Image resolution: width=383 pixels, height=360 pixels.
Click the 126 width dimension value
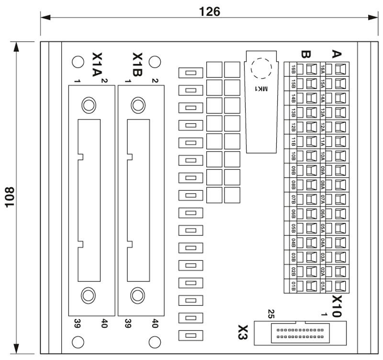pyautogui.click(x=210, y=12)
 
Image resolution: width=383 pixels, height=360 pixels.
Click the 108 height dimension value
pyautogui.click(x=10, y=197)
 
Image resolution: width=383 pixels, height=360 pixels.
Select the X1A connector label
pyautogui.click(x=97, y=65)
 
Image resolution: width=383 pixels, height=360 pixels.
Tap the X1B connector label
pyautogui.click(x=137, y=65)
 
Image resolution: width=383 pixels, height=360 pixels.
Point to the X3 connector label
pyautogui.click(x=243, y=332)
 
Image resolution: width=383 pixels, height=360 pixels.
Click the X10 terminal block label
pyautogui.click(x=337, y=306)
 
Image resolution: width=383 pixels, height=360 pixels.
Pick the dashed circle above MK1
pyautogui.click(x=261, y=69)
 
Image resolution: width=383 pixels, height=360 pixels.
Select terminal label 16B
pyautogui.click(x=293, y=70)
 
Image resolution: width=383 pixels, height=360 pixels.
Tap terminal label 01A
pyautogui.click(x=323, y=286)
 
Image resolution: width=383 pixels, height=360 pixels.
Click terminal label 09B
pyautogui.click(x=293, y=171)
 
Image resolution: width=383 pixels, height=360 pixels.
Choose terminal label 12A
pyautogui.click(x=323, y=128)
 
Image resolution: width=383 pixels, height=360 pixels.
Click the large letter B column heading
pyautogui.click(x=306, y=54)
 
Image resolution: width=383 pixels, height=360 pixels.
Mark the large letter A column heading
pyautogui.click(x=337, y=54)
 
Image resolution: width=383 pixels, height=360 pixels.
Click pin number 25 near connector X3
pyautogui.click(x=271, y=314)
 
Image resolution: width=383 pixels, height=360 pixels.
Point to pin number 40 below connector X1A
pyautogui.click(x=104, y=323)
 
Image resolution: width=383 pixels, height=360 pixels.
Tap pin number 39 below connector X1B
pyautogui.click(x=128, y=323)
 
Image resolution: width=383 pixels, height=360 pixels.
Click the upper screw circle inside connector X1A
pyautogui.click(x=89, y=105)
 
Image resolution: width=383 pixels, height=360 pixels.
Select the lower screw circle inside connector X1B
pyautogui.click(x=138, y=295)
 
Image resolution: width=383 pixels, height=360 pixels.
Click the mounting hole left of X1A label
pyautogui.click(x=78, y=62)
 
